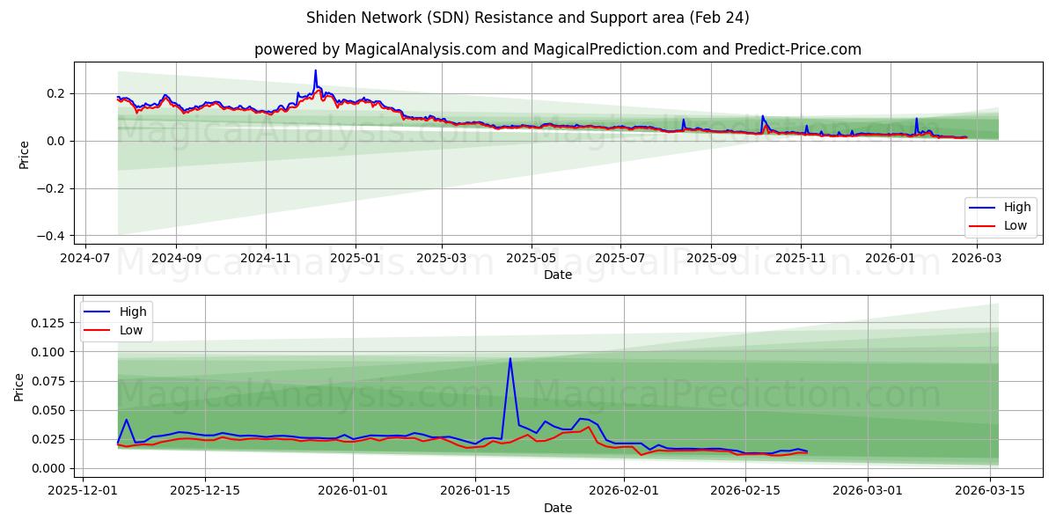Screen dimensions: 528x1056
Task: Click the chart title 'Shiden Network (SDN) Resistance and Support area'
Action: [527, 18]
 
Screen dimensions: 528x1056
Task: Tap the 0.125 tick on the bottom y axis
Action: [48, 323]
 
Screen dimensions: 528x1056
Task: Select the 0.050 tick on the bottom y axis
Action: [48, 410]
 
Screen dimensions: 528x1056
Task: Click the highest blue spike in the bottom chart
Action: [510, 358]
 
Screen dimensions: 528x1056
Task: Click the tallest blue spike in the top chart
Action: [315, 70]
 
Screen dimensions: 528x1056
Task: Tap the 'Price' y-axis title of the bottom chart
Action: [20, 387]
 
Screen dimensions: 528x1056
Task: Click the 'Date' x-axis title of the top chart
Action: [558, 275]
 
